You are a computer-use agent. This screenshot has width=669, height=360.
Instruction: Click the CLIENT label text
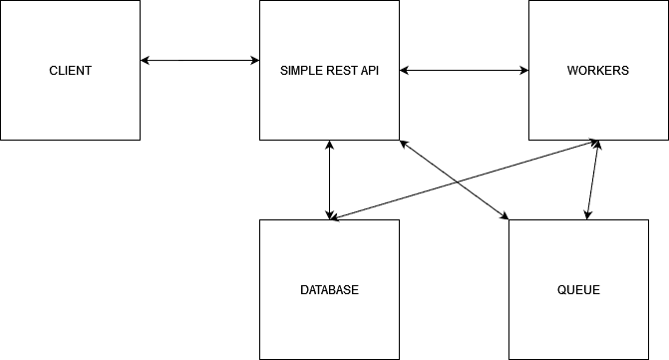70,71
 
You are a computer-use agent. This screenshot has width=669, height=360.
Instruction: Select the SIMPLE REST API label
329,71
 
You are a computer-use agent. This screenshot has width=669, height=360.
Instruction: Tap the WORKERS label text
597,71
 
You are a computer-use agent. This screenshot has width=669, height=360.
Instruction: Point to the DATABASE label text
329,290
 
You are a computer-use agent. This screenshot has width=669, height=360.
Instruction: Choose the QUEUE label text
578,290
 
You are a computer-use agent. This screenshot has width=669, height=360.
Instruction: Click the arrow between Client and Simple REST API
199,61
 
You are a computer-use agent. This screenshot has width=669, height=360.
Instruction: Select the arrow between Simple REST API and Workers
464,71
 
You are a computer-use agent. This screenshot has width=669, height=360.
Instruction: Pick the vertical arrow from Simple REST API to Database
329,180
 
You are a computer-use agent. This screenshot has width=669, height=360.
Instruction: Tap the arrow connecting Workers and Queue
593,180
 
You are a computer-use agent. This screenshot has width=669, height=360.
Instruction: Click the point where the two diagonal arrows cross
456,183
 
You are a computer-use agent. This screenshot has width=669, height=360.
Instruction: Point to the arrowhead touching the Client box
146,61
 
